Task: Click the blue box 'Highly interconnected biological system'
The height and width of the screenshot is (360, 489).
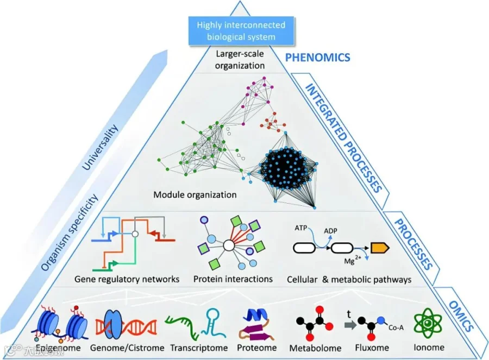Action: pos(241,31)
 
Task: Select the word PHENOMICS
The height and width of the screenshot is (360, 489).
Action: pos(318,58)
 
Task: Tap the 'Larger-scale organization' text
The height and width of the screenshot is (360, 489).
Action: pos(240,60)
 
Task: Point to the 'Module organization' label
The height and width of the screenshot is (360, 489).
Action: pos(195,195)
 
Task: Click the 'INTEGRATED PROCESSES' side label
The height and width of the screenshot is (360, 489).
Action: pos(343,138)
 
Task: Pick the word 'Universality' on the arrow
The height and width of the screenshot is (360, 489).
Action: pos(100,147)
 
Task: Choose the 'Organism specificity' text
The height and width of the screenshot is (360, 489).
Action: pos(70,232)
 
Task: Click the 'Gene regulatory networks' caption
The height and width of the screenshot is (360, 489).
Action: pos(127,279)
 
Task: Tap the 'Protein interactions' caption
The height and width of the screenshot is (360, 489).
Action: pos(233,279)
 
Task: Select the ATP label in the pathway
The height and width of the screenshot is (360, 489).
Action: pos(300,228)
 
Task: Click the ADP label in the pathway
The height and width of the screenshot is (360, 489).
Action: pos(330,231)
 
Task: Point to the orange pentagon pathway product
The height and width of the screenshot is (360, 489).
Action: pos(380,248)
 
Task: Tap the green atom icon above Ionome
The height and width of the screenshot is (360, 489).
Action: pos(428,323)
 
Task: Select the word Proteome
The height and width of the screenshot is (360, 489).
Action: pos(256,348)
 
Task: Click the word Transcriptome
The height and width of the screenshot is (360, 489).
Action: pos(199,348)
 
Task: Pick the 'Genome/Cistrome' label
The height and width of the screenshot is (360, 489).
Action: pos(127,348)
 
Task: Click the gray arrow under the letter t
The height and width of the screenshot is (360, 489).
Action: pos(350,325)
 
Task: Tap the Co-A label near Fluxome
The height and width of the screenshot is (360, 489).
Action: pos(396,327)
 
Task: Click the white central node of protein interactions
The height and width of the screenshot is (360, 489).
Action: pos(229,245)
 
